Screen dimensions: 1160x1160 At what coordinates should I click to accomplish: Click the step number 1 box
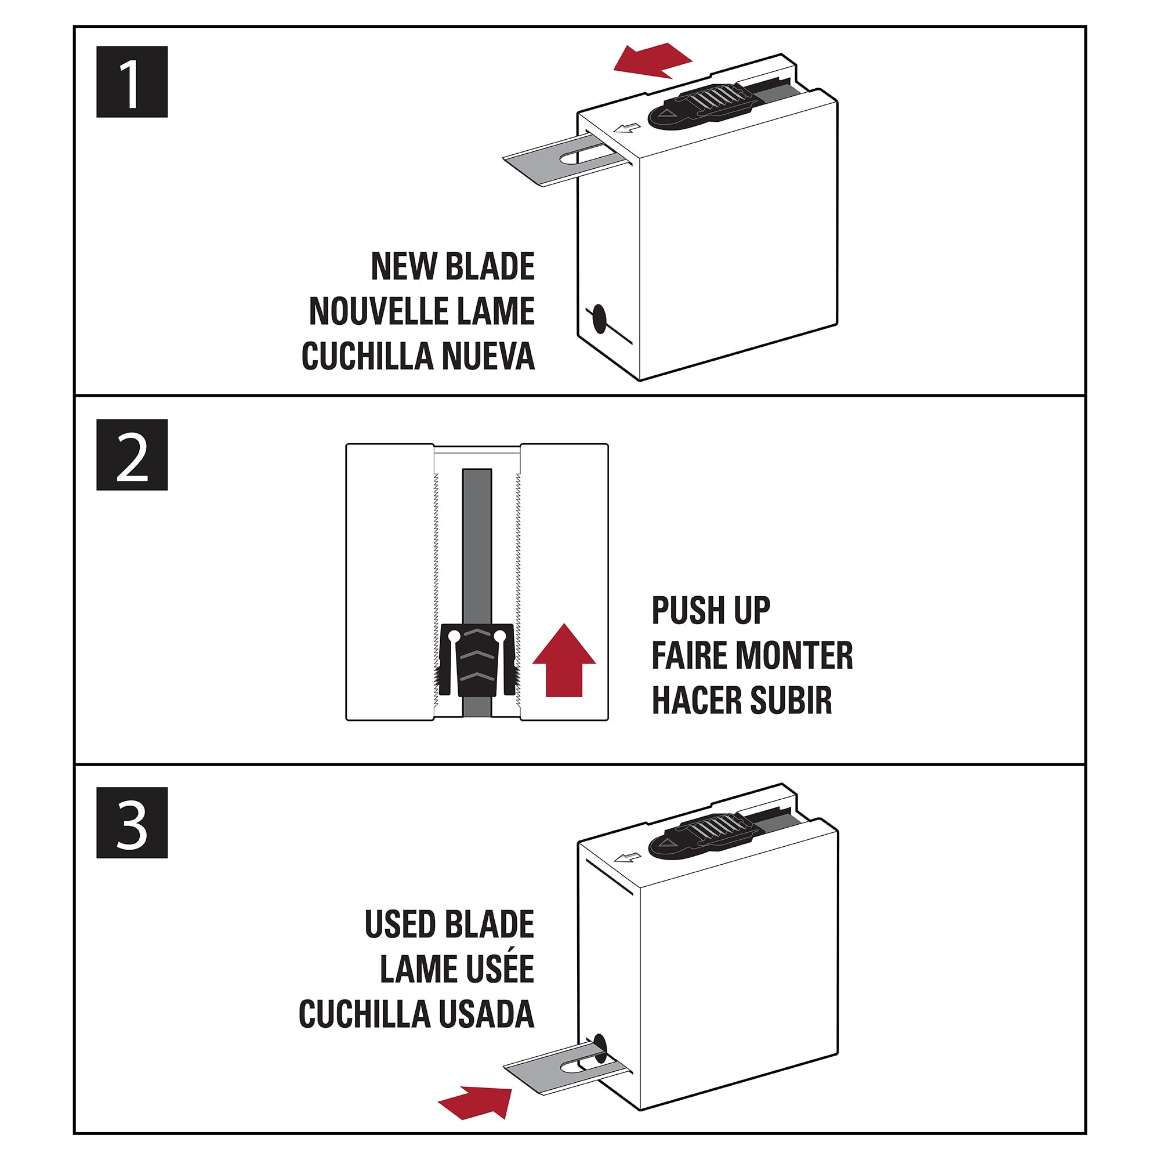click(x=132, y=82)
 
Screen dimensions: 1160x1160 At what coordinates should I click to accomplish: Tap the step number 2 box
click(x=132, y=455)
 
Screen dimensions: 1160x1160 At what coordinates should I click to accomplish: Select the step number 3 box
click(x=132, y=822)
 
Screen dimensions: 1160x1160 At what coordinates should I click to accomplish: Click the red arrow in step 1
click(x=652, y=61)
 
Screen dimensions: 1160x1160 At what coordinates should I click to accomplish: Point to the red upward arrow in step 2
click(x=564, y=660)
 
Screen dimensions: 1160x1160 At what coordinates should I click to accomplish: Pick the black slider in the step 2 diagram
click(x=477, y=660)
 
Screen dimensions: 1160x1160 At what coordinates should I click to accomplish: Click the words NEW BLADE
click(x=453, y=266)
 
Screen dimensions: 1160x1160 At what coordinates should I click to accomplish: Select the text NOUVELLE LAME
click(x=422, y=311)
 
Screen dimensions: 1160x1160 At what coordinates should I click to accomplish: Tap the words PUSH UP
click(x=711, y=611)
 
